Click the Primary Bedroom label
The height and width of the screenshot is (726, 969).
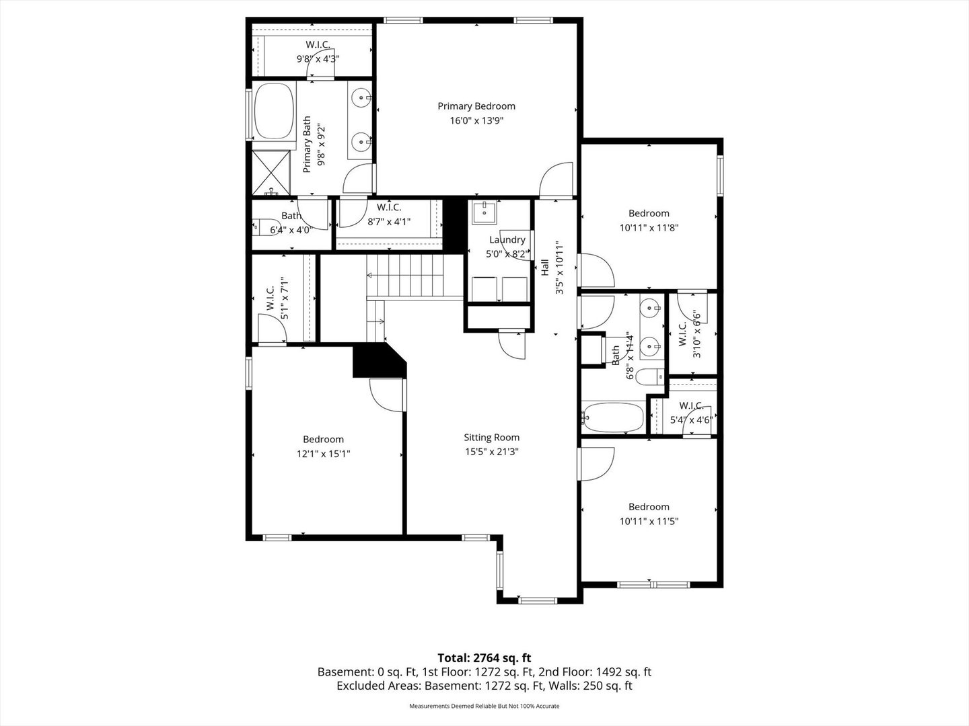pyautogui.click(x=476, y=106)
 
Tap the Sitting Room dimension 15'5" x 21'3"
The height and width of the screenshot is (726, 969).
pyautogui.click(x=491, y=452)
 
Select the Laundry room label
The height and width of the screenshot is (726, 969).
pyautogui.click(x=507, y=240)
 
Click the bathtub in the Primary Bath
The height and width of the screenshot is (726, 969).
pyautogui.click(x=274, y=112)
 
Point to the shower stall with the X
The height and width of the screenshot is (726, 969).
pyautogui.click(x=271, y=173)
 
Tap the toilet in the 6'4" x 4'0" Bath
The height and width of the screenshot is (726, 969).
pyautogui.click(x=265, y=227)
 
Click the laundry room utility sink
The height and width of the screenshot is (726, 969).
pyautogui.click(x=484, y=212)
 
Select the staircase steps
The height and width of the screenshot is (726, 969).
pyautogui.click(x=405, y=276)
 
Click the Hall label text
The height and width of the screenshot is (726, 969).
pyautogui.click(x=545, y=268)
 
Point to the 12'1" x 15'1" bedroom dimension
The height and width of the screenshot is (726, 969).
pyautogui.click(x=323, y=454)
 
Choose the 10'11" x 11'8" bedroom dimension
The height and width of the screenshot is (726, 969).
pyautogui.click(x=649, y=228)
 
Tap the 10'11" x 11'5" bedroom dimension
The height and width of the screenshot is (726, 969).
pyautogui.click(x=649, y=522)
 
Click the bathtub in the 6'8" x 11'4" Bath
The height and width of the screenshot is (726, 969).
pyautogui.click(x=613, y=417)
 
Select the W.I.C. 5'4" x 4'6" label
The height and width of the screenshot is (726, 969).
pyautogui.click(x=691, y=413)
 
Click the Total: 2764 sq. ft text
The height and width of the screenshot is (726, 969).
pyautogui.click(x=485, y=658)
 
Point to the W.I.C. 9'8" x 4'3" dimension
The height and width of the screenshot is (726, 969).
pyautogui.click(x=318, y=58)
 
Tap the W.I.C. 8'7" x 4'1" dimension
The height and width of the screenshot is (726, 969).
pyautogui.click(x=389, y=222)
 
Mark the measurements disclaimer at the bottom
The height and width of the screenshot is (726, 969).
pyautogui.click(x=485, y=706)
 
